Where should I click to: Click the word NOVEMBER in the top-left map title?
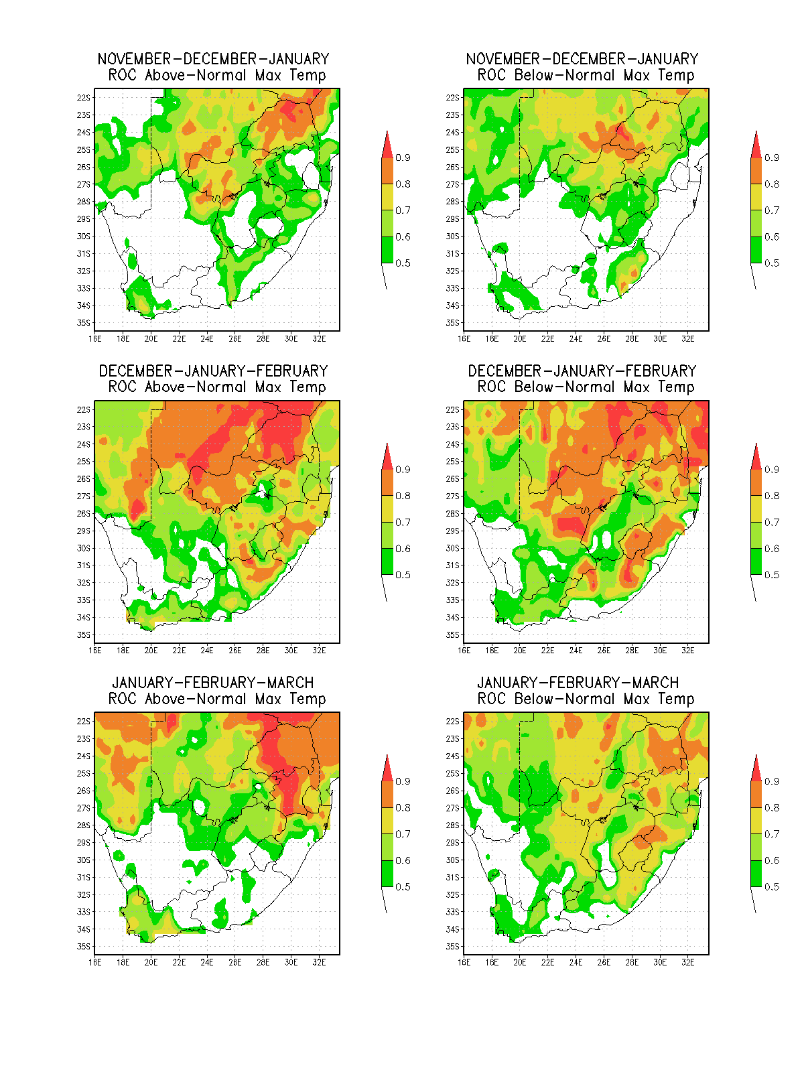(134, 59)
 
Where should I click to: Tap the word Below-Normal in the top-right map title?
(565, 75)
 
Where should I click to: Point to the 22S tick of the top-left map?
(84, 98)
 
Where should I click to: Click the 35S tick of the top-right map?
(452, 323)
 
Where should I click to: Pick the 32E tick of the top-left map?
(320, 339)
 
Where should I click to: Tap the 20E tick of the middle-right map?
(520, 651)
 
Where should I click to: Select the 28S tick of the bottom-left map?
(84, 825)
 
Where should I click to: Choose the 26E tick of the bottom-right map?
(604, 963)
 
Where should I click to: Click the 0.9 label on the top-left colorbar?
(403, 157)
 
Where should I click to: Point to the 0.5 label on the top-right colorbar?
(772, 263)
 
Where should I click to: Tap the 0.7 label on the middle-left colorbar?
(403, 523)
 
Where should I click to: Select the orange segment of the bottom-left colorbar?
(387, 795)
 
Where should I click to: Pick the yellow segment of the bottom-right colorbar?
(756, 821)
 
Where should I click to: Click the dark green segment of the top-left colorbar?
(387, 250)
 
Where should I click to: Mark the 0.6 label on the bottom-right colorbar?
(772, 860)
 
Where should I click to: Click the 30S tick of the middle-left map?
(84, 549)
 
